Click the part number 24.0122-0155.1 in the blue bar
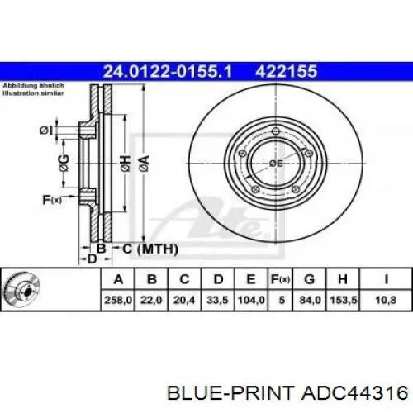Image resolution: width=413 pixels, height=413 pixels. tap(168, 71)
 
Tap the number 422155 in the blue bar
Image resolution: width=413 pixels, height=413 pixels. tap(287, 71)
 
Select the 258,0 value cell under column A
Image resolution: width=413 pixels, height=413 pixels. tap(118, 300)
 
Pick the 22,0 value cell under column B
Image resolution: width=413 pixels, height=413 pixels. tap(151, 300)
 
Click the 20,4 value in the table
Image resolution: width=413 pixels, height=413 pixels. tap(184, 300)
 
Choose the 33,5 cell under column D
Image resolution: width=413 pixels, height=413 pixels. tap(217, 300)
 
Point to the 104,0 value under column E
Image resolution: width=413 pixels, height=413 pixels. tap(251, 300)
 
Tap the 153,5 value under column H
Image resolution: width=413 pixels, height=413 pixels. tap(344, 300)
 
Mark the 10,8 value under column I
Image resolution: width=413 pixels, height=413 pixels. tap(386, 300)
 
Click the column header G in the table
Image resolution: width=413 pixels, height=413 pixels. tap(310, 279)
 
